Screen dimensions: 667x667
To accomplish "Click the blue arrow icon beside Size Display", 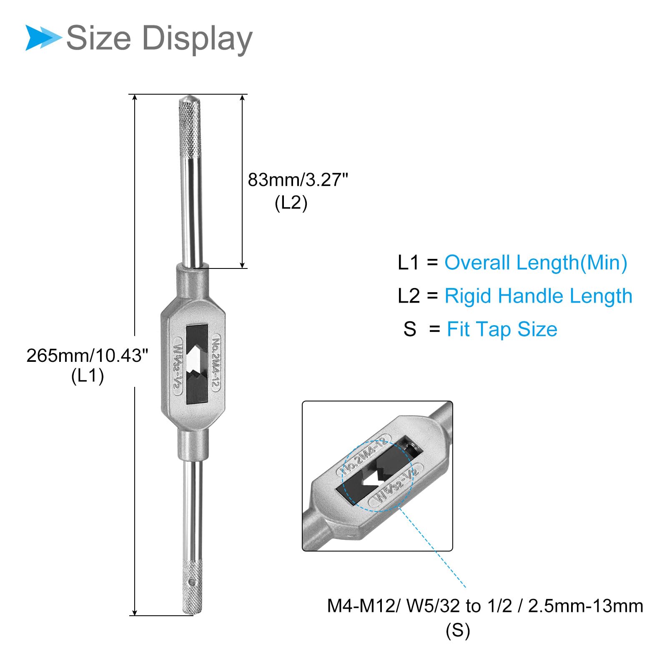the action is coord(44,38).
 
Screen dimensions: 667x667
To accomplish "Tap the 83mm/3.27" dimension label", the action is coord(298,180).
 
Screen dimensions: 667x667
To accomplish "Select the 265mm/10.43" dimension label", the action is coord(87,356).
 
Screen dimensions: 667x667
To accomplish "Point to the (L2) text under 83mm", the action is coord(291,203).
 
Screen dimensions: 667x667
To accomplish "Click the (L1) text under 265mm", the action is coord(88,376).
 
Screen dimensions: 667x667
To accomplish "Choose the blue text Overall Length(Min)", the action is coord(536,263).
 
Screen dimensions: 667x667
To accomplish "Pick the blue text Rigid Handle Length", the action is coord(538,296).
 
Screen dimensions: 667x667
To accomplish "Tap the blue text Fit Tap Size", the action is coord(502,329).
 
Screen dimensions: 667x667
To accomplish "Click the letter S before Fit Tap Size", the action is coord(410,329).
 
